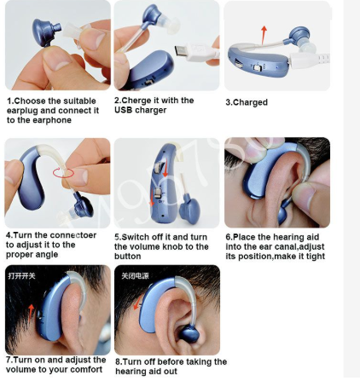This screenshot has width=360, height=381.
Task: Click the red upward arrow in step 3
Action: (x=264, y=35)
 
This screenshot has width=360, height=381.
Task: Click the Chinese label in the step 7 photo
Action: (x=21, y=276)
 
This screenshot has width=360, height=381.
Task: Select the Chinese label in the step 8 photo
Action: (x=135, y=276)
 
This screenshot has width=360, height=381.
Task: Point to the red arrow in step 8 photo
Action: (x=138, y=302)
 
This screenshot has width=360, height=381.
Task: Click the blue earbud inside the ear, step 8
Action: (x=188, y=334)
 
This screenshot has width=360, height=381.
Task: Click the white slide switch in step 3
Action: (x=258, y=68)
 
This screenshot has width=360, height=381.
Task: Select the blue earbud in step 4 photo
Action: (x=84, y=205)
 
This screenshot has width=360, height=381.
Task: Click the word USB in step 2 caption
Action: (x=124, y=110)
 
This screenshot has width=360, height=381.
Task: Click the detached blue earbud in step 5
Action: (x=189, y=211)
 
